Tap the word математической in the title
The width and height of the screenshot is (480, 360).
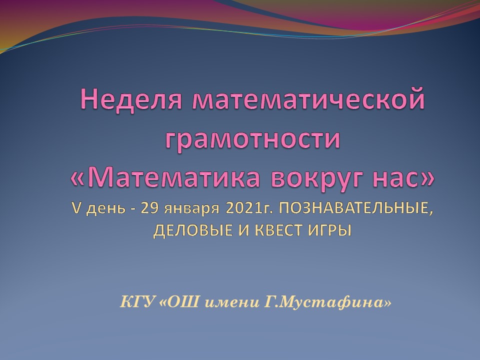click(308, 98)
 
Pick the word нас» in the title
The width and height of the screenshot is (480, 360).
click(403, 179)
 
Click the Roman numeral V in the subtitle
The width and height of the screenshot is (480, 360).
click(76, 208)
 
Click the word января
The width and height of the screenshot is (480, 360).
click(192, 209)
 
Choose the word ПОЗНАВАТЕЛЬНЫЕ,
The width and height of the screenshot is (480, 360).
click(356, 208)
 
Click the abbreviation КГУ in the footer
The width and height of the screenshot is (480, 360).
click(137, 302)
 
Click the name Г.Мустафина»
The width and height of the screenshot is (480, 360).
click(327, 302)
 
